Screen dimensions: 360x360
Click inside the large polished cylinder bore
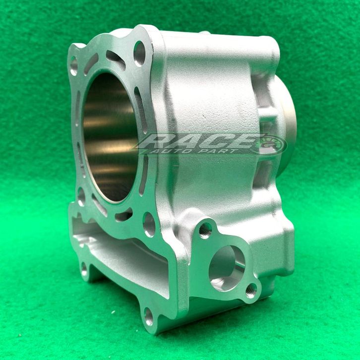[110, 138]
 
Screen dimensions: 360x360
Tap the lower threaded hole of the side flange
[251, 291]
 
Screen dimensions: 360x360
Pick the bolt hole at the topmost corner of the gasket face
[140, 54]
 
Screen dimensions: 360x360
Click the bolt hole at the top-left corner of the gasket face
[74, 66]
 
